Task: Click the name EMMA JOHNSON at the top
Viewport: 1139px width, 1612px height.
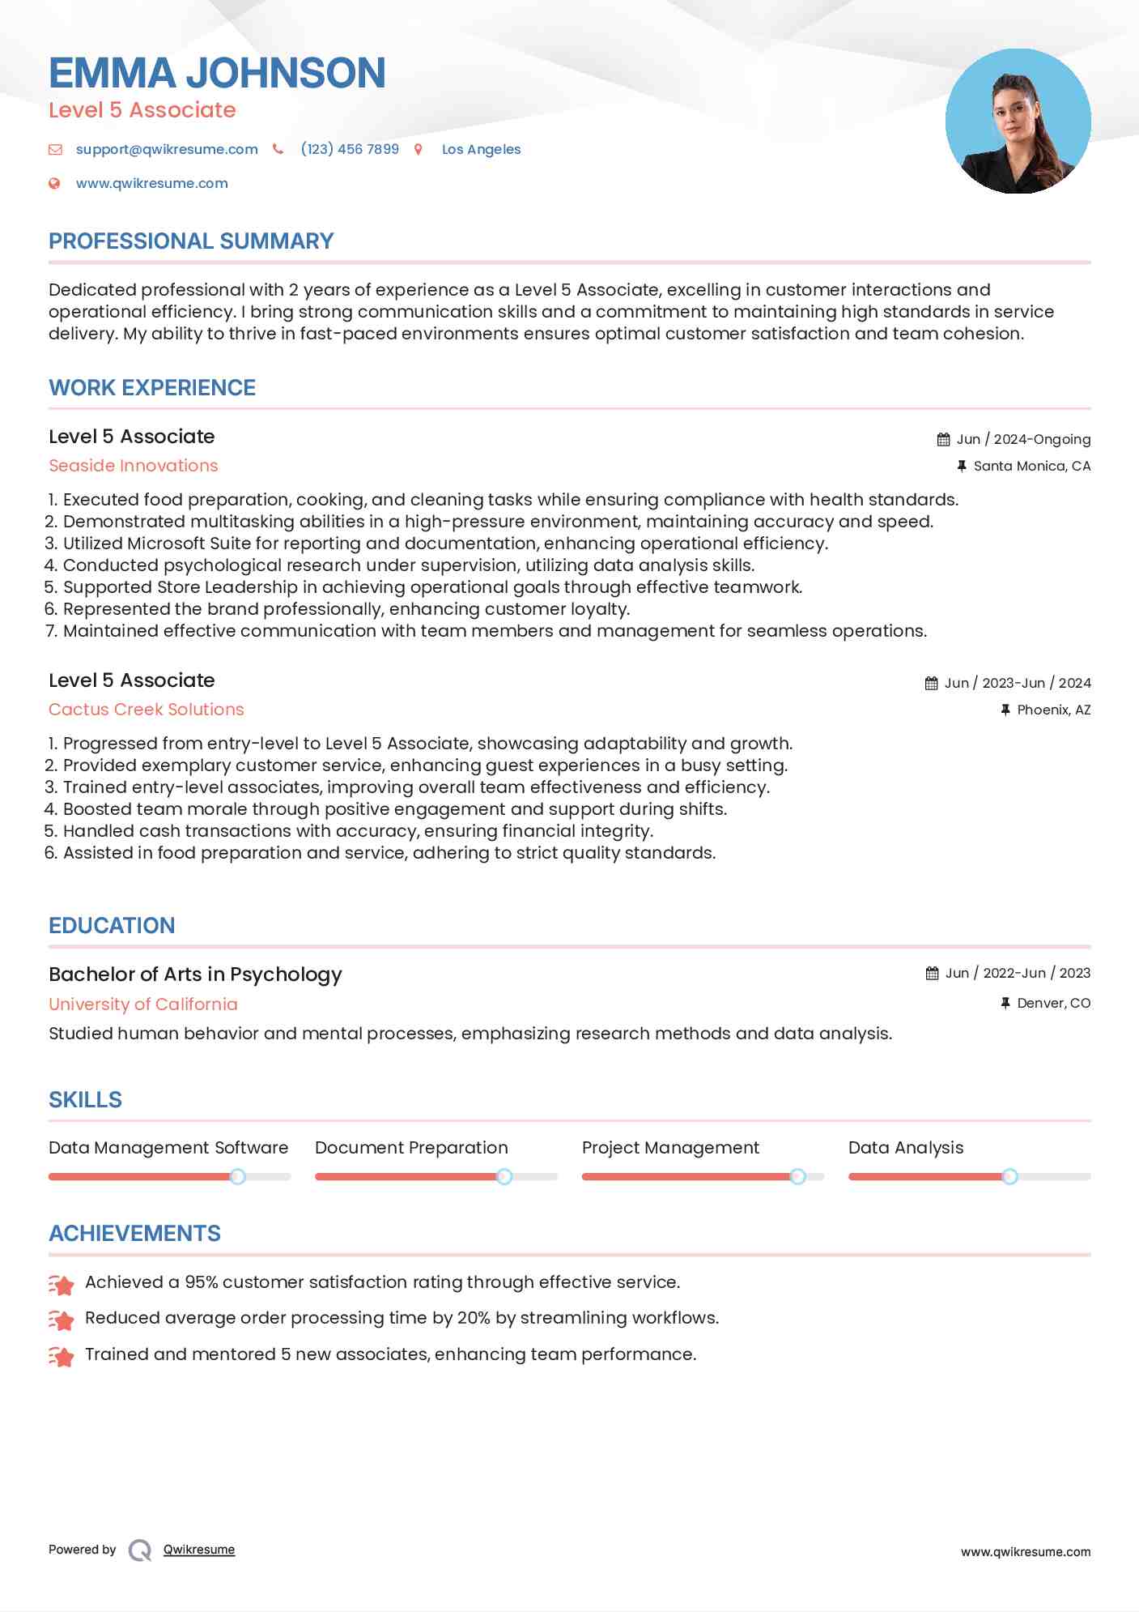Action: tap(217, 73)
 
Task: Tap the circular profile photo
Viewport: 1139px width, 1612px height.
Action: tap(1018, 122)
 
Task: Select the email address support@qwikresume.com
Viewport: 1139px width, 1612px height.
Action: tap(167, 149)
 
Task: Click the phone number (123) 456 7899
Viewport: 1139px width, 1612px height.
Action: tap(350, 149)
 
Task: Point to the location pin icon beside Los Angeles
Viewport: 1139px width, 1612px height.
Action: tap(419, 149)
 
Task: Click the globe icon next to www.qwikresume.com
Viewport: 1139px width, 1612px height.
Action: tap(54, 183)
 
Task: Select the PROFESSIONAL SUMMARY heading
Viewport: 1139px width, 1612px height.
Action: tap(191, 241)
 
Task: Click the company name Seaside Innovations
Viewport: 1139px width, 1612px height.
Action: tap(134, 466)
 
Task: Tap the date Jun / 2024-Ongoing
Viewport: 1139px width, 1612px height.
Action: tap(1023, 439)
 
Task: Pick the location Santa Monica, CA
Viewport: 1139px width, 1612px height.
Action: tap(1031, 466)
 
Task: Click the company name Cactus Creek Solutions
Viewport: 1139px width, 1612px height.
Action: tap(146, 710)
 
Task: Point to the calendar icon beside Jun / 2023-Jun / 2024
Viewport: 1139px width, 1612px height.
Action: tap(932, 683)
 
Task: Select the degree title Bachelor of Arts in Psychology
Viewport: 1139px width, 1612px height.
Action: tap(195, 974)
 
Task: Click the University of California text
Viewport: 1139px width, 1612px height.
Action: tap(143, 1004)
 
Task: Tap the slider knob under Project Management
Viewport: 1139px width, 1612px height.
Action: tap(797, 1176)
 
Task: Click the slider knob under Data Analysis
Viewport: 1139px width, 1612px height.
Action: tap(1009, 1176)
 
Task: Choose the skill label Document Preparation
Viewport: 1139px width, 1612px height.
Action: tap(411, 1148)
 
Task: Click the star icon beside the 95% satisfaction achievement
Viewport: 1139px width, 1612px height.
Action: tap(61, 1284)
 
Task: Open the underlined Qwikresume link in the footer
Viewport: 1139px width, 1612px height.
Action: tap(199, 1550)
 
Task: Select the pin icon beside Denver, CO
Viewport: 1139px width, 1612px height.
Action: tap(1005, 1003)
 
